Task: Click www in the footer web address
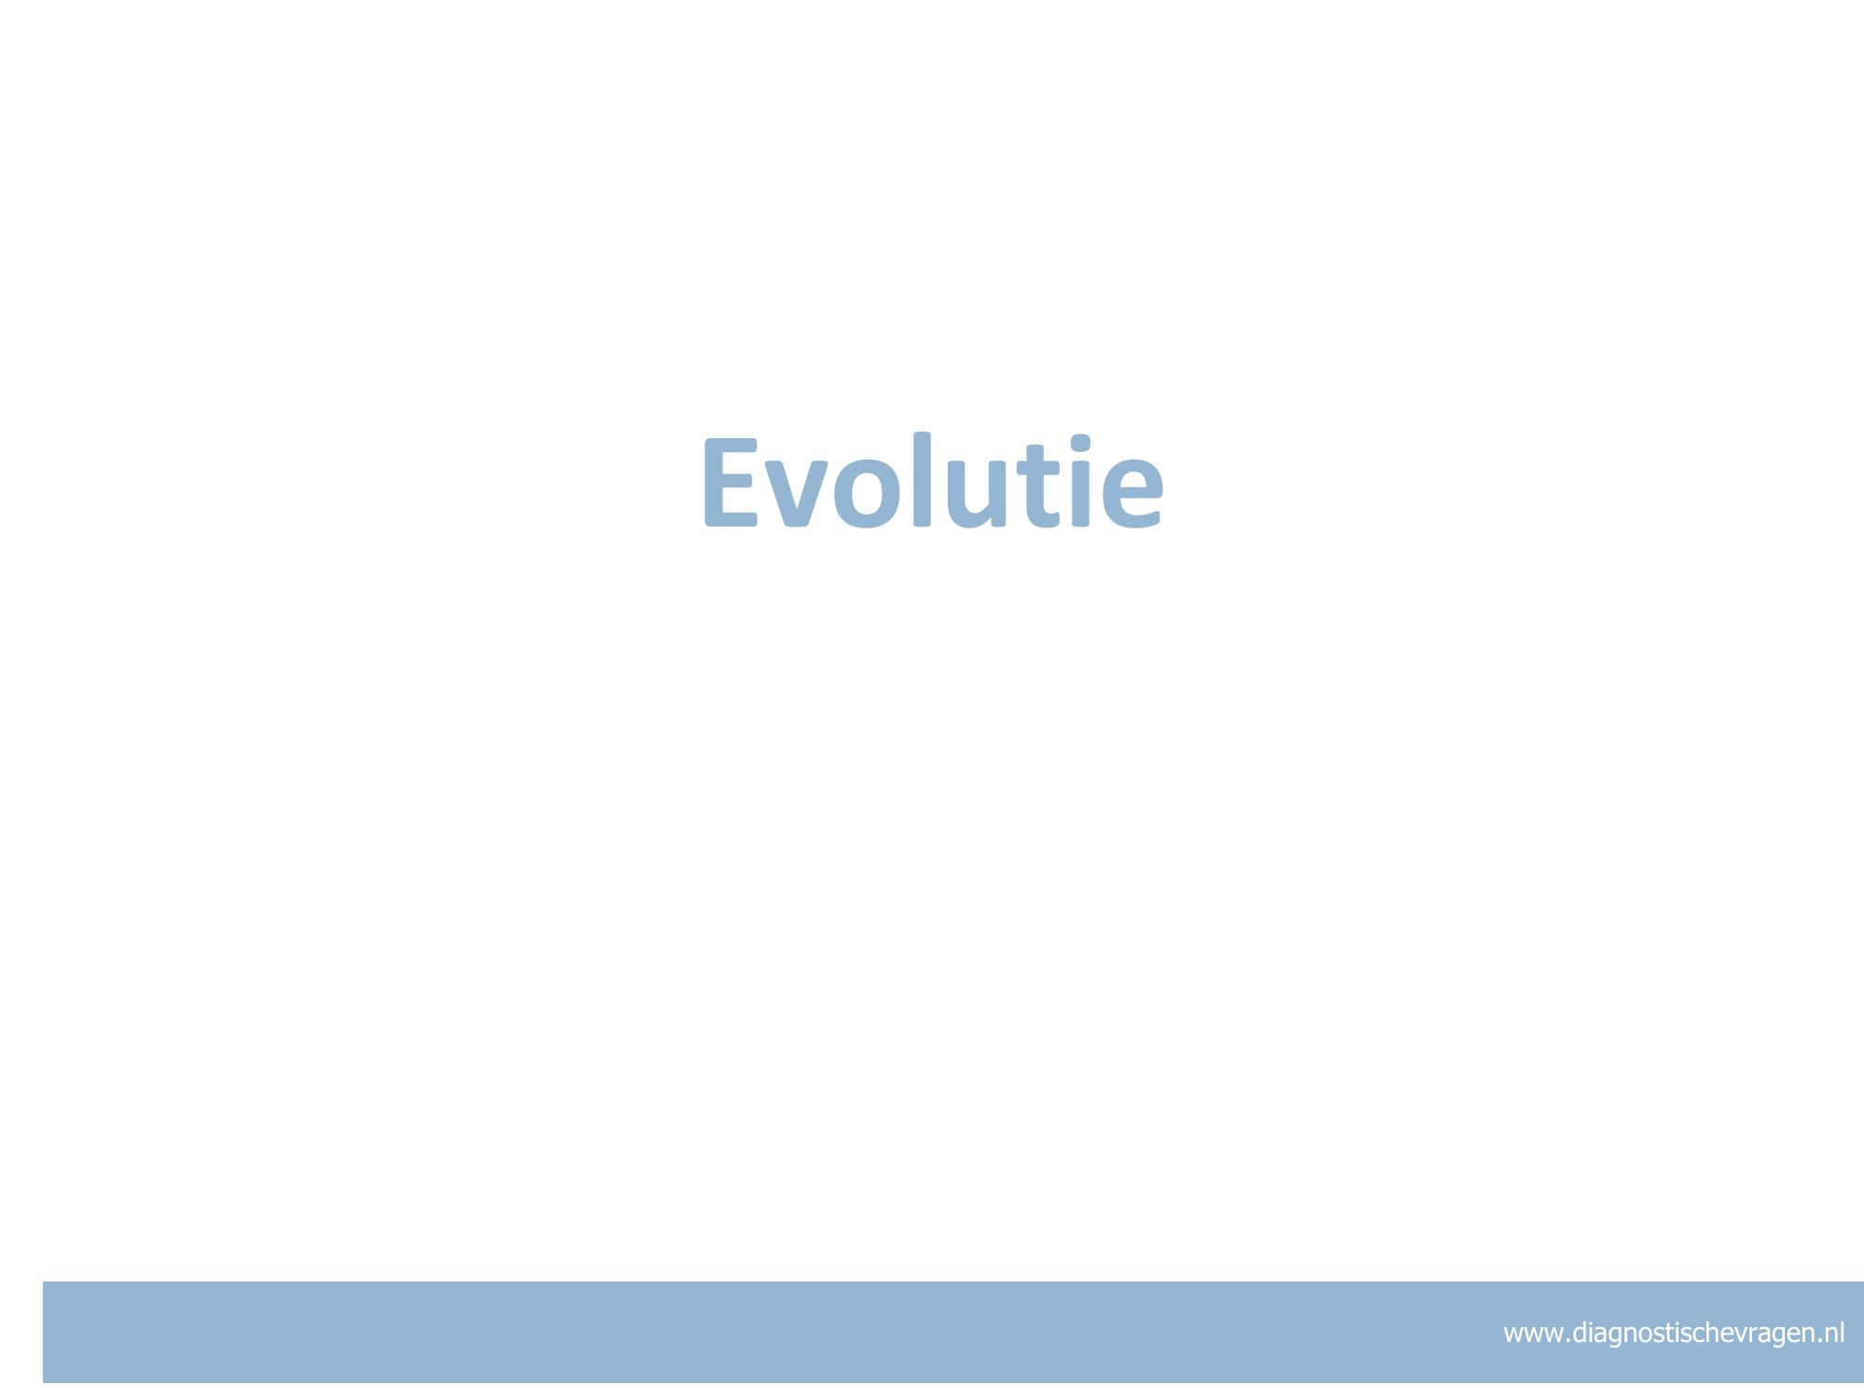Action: (1534, 1334)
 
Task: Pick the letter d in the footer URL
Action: (1581, 1332)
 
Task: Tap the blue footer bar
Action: (953, 1332)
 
